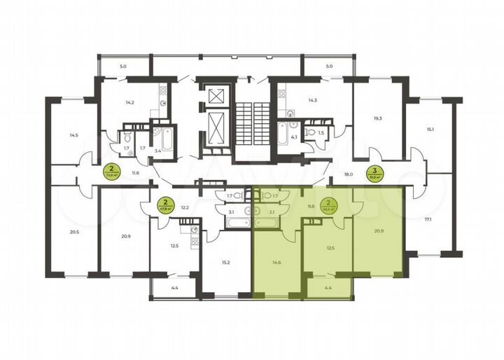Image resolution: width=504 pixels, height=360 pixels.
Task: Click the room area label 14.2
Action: [129, 102]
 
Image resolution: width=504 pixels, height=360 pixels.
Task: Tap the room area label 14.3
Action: [313, 101]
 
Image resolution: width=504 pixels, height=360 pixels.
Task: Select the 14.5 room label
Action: [73, 134]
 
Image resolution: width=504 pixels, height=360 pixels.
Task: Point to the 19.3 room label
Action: [379, 119]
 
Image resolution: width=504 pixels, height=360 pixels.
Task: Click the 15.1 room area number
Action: [432, 130]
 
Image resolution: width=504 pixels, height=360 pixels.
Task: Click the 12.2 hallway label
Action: [185, 207]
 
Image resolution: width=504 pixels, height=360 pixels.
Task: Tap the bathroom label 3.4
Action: [158, 151]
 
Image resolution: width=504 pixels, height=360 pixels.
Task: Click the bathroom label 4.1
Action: [294, 137]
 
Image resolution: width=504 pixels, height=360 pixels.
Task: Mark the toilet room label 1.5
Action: [321, 132]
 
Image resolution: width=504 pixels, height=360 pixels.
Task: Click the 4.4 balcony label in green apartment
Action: [328, 287]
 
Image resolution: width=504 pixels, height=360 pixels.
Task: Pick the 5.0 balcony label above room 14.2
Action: [123, 67]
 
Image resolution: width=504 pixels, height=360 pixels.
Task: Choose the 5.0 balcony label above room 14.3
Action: [329, 67]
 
